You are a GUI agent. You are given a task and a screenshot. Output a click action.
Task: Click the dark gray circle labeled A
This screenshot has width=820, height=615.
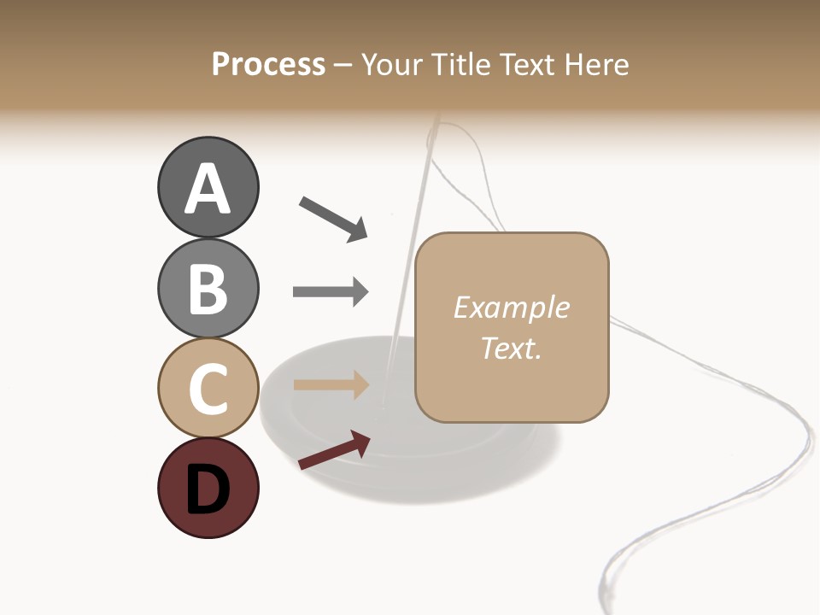tap(208, 187)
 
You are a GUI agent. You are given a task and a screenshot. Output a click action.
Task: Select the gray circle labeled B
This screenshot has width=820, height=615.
tap(208, 288)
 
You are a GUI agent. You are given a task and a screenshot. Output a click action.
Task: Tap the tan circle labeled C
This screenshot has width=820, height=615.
tap(208, 388)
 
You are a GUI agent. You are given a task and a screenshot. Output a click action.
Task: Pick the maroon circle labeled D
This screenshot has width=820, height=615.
tap(208, 488)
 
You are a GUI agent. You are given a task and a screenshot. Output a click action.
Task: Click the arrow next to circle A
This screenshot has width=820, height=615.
tap(333, 218)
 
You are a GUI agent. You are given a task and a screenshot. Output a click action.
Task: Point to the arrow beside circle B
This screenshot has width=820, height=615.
tap(331, 291)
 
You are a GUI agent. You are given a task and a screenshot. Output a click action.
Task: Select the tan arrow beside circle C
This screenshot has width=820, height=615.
tap(331, 385)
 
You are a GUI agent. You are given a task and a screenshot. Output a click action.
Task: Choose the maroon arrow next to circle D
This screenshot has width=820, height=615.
tap(334, 450)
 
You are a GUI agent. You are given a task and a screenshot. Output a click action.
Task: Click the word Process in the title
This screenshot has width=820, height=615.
tap(268, 64)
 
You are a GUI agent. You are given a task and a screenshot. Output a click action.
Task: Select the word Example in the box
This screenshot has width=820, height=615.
tap(511, 307)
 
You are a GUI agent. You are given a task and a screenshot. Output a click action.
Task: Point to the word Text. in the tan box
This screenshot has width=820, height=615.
tap(511, 348)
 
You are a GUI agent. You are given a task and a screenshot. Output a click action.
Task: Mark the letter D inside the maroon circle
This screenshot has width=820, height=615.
tap(208, 489)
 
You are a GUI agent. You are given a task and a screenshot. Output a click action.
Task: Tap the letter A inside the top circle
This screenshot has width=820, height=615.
tap(208, 189)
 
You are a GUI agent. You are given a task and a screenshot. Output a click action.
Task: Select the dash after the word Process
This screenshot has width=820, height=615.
tap(343, 65)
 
